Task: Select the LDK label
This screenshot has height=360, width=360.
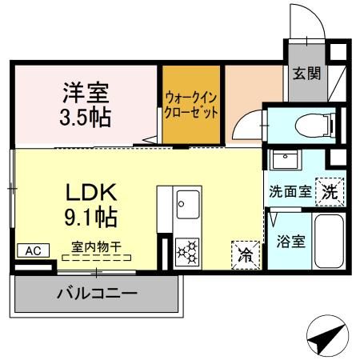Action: pyautogui.click(x=91, y=193)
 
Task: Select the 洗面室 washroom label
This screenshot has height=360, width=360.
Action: pyautogui.click(x=288, y=192)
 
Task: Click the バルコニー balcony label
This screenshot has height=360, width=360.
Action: pyautogui.click(x=97, y=294)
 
